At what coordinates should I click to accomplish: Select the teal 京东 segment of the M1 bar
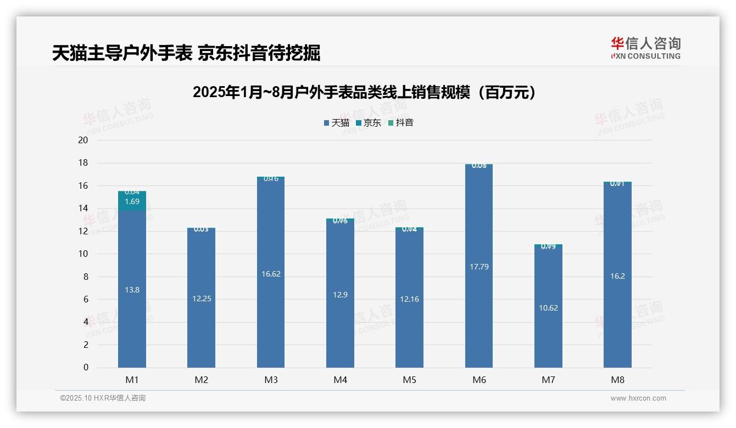coord(132,201)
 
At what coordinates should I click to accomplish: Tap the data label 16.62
coord(271,274)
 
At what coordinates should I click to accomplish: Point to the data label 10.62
coord(548,308)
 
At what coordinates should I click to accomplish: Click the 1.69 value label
coord(132,201)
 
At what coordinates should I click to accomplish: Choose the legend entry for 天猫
coord(337,123)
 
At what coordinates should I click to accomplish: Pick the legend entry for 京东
coord(369,123)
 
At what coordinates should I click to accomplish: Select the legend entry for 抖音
coord(401,123)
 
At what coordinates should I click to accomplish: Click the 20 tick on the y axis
coord(83,140)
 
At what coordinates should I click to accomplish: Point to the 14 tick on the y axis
coord(83,209)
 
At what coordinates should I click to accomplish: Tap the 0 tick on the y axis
coord(86,368)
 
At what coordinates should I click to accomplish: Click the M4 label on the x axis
coord(341,380)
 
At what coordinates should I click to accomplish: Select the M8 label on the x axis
coord(617,380)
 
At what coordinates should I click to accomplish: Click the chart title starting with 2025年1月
coord(364,92)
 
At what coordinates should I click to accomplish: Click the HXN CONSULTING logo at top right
coord(645,48)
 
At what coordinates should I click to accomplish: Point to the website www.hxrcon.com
coord(638,398)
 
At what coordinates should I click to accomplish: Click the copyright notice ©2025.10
coord(103,398)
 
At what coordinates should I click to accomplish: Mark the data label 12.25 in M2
coord(202,299)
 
